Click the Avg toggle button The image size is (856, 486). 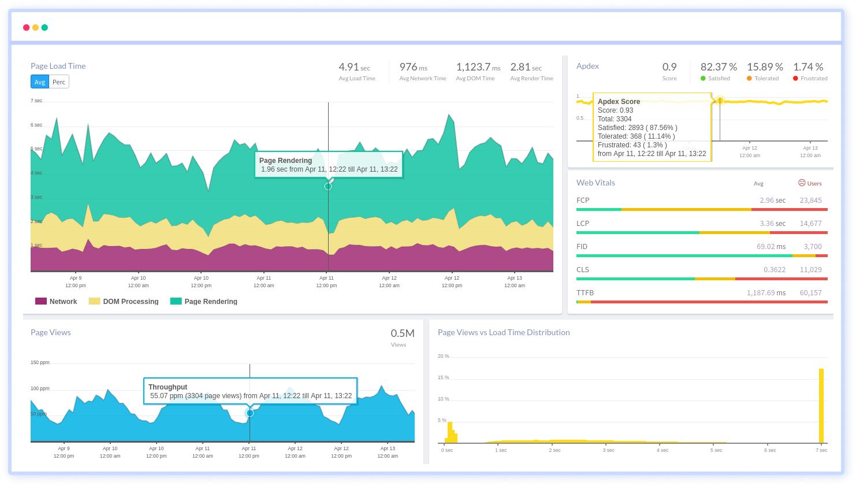[40, 82]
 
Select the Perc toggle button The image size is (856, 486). [59, 82]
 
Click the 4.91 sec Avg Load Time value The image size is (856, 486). [354, 68]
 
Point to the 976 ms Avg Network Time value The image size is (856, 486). [413, 68]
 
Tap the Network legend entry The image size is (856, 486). [56, 302]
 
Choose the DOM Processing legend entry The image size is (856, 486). [124, 302]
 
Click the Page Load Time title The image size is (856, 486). [58, 66]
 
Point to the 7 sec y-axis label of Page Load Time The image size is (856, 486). [36, 101]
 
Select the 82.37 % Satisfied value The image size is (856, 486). [719, 68]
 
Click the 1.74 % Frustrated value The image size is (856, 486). [808, 68]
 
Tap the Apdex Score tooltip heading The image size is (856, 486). [619, 102]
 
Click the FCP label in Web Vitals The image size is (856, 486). [583, 201]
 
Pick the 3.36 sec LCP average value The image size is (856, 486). [772, 224]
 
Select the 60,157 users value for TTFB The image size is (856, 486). [810, 293]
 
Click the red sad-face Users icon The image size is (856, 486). [802, 183]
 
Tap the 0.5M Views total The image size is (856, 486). [402, 333]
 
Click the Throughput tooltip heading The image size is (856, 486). [168, 387]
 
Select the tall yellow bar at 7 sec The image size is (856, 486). [821, 406]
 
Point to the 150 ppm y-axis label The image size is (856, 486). [40, 362]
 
